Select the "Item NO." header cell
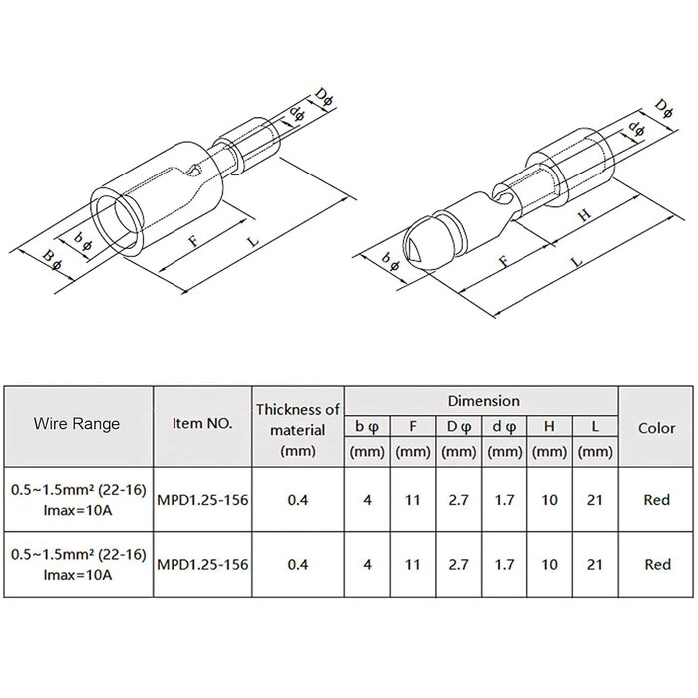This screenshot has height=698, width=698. click(202, 424)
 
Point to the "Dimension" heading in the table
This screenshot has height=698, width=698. click(483, 401)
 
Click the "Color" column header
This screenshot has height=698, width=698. click(656, 428)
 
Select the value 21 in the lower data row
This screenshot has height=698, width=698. click(595, 565)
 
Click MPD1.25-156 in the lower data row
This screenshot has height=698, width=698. click(202, 565)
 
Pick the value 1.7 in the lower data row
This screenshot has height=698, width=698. click(504, 565)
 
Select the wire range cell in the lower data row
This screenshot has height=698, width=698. click(78, 565)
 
